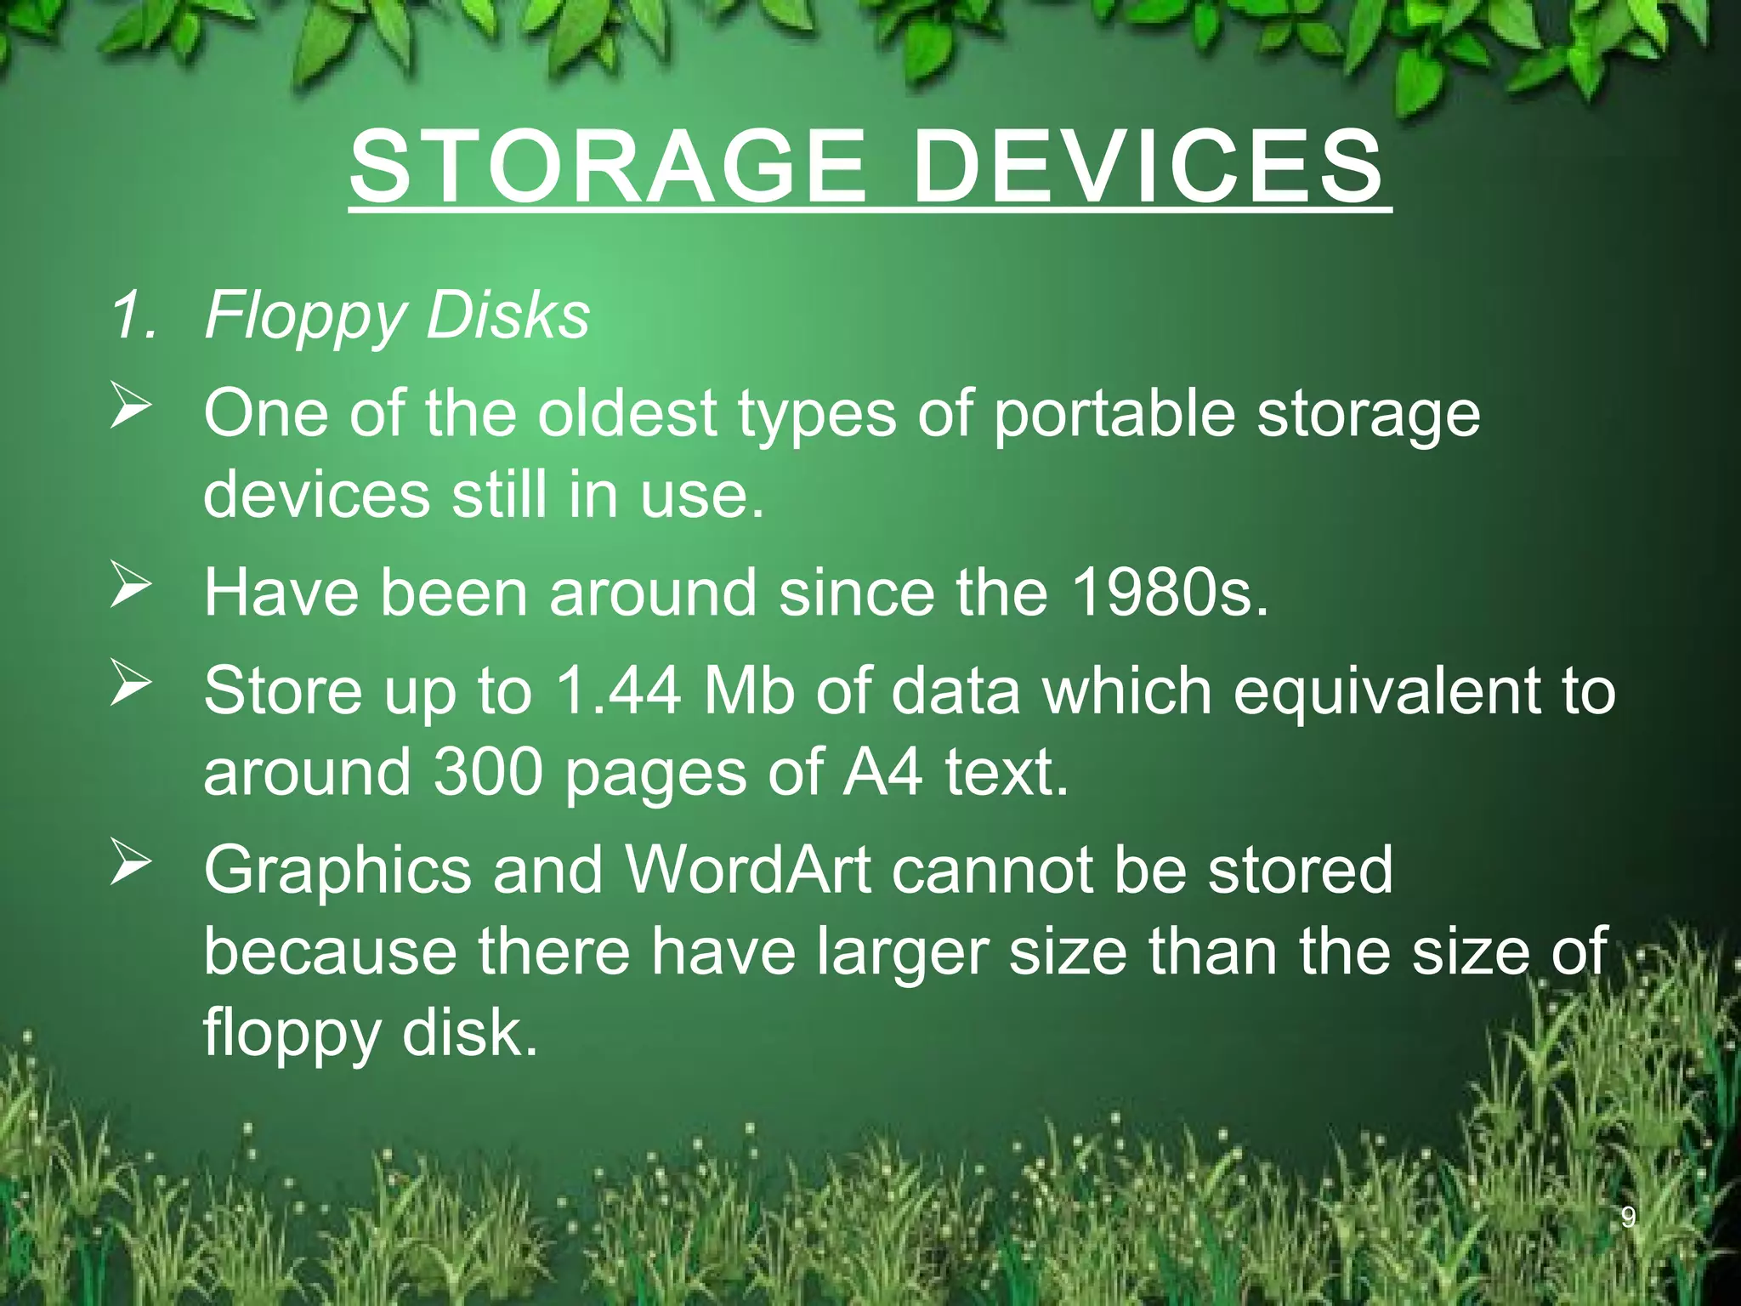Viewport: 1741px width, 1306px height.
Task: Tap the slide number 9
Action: click(1628, 1218)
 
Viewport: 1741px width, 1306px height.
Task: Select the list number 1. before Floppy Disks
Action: click(134, 315)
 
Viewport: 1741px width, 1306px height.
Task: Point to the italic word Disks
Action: click(508, 315)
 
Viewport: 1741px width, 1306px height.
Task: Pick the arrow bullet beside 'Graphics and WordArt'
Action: click(131, 866)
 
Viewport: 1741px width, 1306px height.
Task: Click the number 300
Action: click(488, 771)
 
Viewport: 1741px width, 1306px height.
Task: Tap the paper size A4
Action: click(882, 771)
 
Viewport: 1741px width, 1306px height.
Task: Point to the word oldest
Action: click(627, 413)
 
